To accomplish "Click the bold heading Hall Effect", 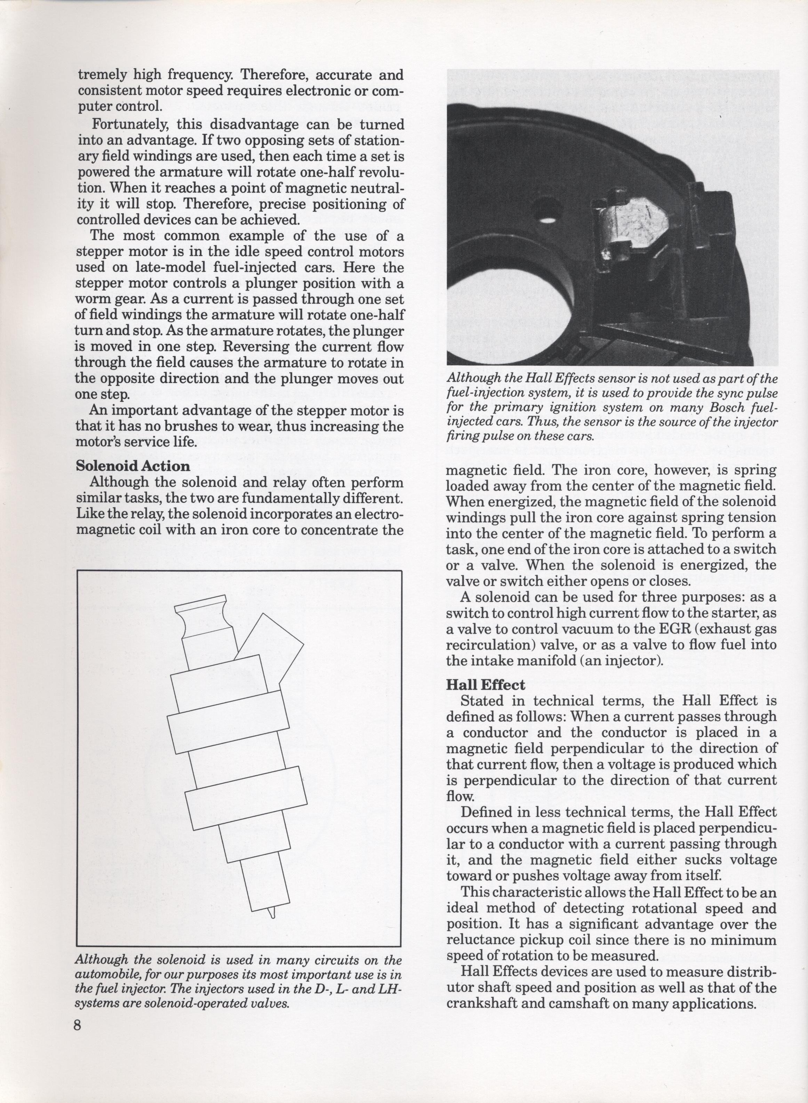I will (x=485, y=685).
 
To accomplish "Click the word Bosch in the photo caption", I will (x=707, y=407).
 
